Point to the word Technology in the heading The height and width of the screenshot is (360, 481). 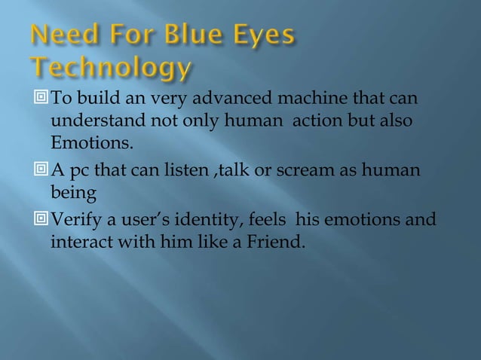point(111,69)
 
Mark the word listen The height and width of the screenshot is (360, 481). point(176,171)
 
